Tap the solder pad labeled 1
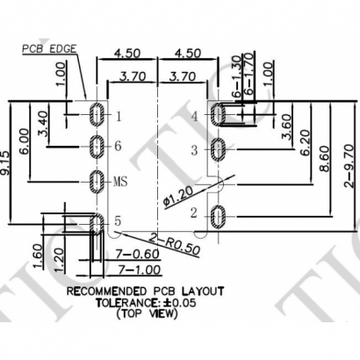click(x=97, y=115)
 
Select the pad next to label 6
click(x=97, y=146)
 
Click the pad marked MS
click(x=97, y=182)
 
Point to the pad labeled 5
click(x=97, y=220)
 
